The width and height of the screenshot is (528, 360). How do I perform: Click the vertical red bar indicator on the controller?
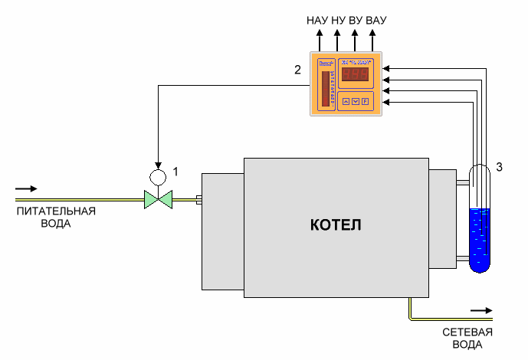(x=325, y=89)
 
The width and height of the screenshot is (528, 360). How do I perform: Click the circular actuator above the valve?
(x=159, y=177)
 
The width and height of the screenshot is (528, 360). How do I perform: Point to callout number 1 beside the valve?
(x=175, y=172)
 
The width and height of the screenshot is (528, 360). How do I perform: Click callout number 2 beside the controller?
(x=297, y=70)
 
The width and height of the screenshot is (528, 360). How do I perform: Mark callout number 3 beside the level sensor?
(x=499, y=166)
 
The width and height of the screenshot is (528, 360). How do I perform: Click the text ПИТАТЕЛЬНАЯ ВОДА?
(x=57, y=218)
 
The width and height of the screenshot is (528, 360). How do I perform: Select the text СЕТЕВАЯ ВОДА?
(x=467, y=338)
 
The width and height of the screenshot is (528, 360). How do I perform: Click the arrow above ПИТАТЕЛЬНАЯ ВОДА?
(x=25, y=188)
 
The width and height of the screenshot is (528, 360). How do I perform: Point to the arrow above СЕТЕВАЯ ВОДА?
(x=481, y=310)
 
